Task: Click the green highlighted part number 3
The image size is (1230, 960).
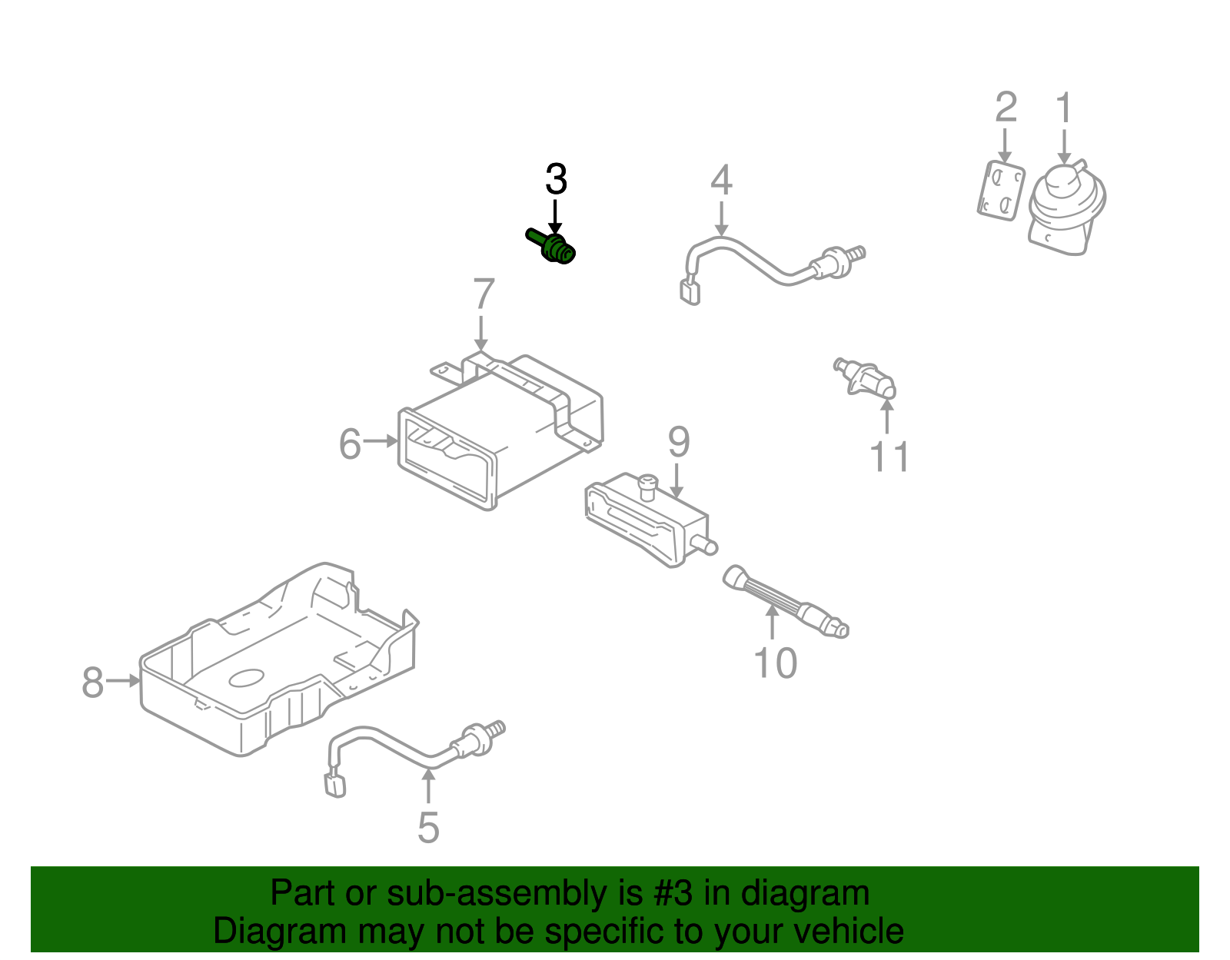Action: coord(553,247)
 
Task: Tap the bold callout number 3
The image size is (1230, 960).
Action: coord(556,180)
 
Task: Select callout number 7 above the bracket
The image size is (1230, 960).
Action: coord(483,294)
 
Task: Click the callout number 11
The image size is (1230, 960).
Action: coord(889,457)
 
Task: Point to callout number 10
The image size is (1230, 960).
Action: coord(775,663)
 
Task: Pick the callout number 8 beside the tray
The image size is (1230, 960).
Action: coord(92,683)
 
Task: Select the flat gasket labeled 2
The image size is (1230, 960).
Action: coord(1001,191)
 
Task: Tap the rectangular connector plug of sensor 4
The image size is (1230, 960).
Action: coord(690,292)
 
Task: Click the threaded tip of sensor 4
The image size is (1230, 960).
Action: coord(857,253)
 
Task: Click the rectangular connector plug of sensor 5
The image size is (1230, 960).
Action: coord(335,785)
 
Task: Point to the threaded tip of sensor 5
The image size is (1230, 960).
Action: coord(497,726)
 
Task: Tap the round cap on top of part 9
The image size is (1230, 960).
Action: coord(648,483)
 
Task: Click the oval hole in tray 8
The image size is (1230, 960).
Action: coord(246,677)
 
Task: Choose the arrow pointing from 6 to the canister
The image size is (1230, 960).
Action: coord(381,441)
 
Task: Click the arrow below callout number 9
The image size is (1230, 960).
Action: coord(676,482)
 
